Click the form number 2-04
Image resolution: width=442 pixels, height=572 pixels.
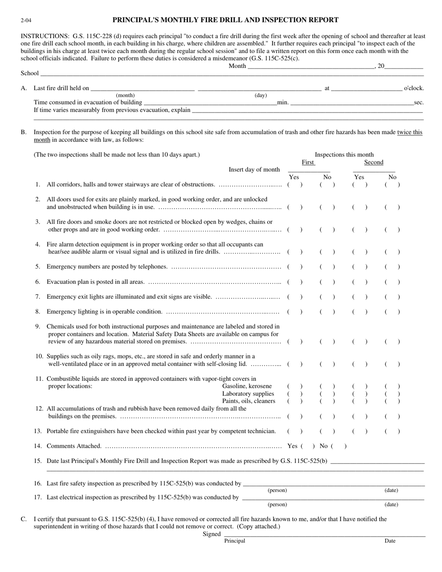click(x=26, y=20)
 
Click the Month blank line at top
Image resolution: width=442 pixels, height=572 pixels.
click(x=311, y=67)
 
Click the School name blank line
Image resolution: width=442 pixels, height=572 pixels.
click(x=232, y=74)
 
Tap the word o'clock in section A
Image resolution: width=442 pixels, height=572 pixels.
click(x=414, y=88)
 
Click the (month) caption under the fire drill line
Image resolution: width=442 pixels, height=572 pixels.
click(x=125, y=95)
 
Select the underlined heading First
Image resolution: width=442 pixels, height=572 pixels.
click(x=308, y=162)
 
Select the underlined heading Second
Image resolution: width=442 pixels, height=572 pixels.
click(x=374, y=162)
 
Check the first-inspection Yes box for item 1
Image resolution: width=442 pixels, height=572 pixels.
click(x=295, y=185)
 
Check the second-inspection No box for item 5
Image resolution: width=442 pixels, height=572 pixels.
click(x=392, y=267)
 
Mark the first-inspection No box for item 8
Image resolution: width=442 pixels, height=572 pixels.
click(x=327, y=312)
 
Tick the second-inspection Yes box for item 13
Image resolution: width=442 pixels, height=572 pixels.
click(x=360, y=431)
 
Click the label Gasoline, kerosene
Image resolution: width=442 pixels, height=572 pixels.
click(x=247, y=386)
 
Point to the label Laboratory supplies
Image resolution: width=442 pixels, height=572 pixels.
click(x=248, y=393)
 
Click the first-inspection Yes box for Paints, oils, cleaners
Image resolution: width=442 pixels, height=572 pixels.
click(x=295, y=401)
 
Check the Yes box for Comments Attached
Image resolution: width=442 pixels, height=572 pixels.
click(x=308, y=446)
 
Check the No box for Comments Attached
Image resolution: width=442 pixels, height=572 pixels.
click(x=339, y=446)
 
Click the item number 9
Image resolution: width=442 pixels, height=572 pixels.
click(x=38, y=326)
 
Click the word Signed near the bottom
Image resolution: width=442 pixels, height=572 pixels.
click(x=211, y=534)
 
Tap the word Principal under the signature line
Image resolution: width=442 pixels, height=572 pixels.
click(x=234, y=541)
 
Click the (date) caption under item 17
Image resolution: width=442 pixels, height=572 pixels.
click(x=391, y=505)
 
